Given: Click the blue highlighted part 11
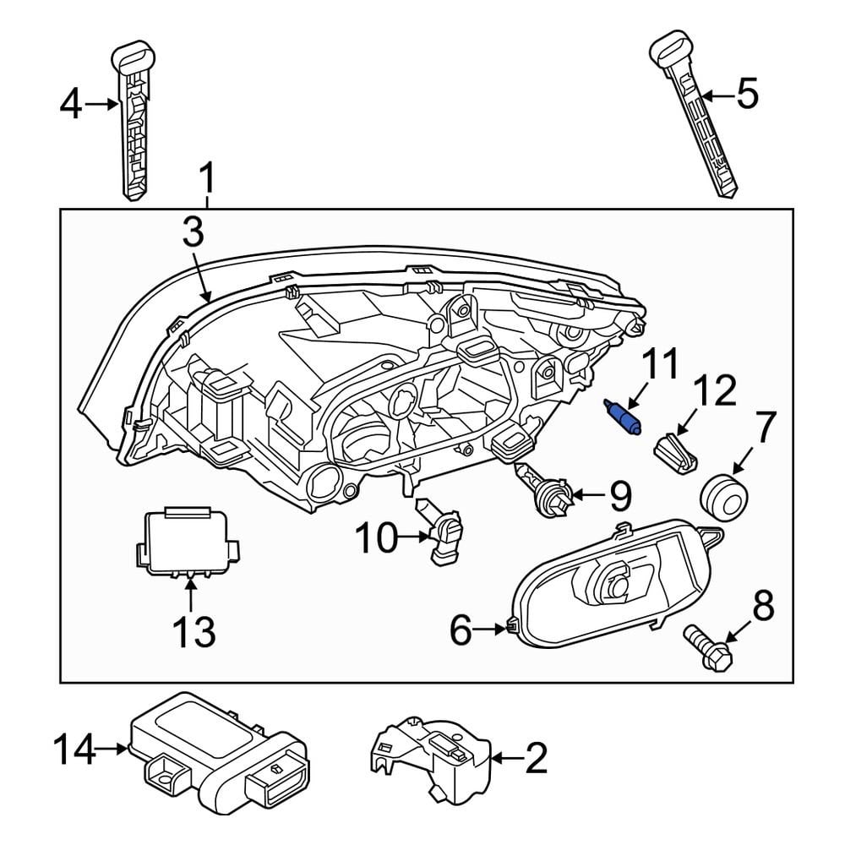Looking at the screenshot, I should point(624,417).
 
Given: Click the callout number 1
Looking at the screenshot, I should point(207,180).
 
